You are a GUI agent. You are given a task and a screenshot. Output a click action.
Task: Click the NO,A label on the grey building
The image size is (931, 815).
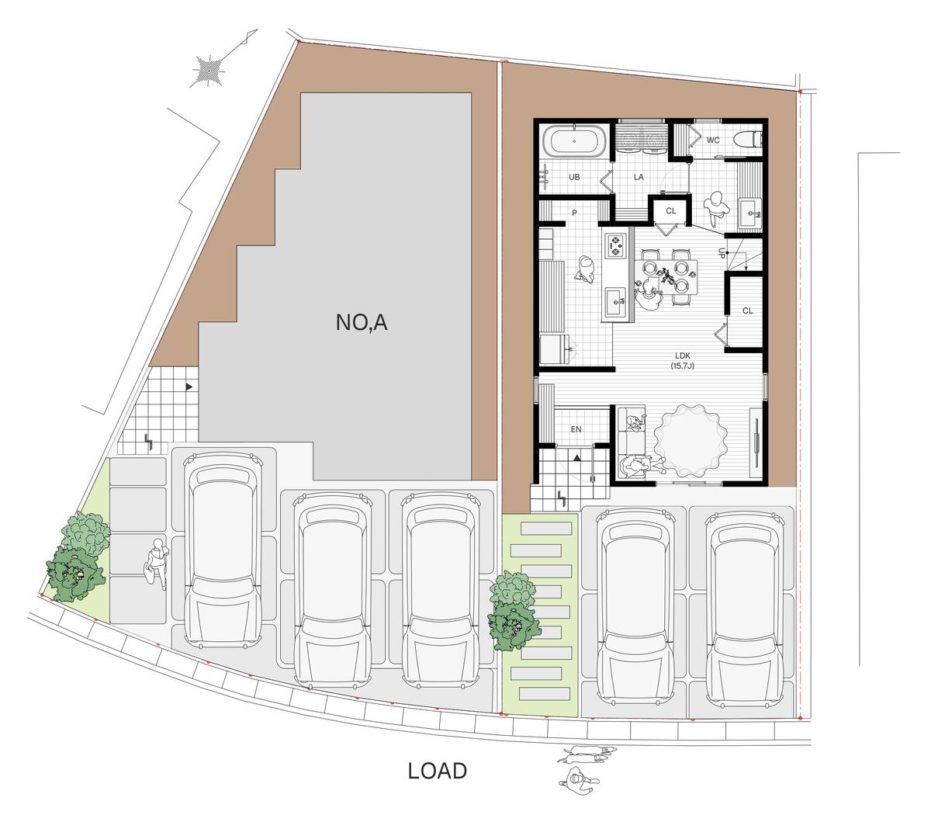(362, 323)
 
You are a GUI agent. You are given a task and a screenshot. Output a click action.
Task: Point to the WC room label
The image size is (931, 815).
(713, 140)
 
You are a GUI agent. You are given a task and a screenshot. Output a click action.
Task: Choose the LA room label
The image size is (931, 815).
(639, 177)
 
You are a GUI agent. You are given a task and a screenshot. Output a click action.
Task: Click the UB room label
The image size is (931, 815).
(574, 177)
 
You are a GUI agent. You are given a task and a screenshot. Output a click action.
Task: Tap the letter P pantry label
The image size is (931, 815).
(575, 213)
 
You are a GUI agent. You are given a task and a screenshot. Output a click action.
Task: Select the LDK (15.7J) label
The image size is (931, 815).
(682, 359)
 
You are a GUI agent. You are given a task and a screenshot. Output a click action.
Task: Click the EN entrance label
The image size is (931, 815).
(576, 429)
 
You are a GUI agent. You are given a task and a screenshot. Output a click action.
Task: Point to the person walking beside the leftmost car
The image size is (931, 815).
(157, 564)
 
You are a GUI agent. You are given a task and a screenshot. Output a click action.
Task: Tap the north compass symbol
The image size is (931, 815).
(209, 70)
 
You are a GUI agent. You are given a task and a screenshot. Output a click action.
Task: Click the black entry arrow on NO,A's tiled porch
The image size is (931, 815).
(189, 387)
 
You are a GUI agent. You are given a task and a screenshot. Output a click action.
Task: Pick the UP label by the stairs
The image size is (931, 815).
(722, 253)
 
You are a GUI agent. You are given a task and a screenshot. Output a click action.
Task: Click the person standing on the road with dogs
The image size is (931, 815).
(578, 780)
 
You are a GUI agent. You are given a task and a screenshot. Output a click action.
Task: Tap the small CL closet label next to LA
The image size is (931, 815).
(671, 211)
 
